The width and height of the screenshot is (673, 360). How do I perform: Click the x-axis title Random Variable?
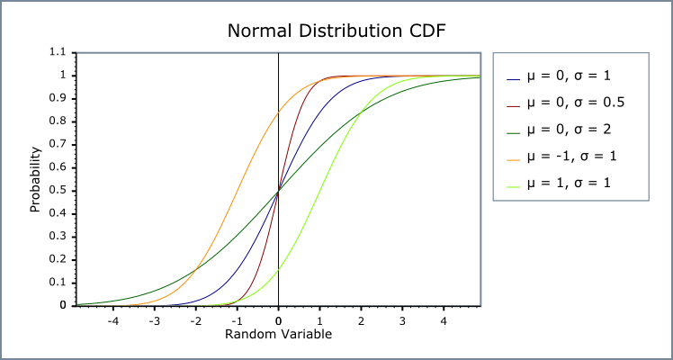[x=278, y=334]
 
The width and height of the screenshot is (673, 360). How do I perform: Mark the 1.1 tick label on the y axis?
[x=58, y=53]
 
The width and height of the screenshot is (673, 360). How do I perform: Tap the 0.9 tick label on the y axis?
[x=58, y=99]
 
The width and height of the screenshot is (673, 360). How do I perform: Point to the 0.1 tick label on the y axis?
[x=58, y=283]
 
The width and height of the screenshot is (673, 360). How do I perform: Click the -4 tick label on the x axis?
[x=112, y=319]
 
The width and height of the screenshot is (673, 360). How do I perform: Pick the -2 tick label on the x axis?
[x=195, y=319]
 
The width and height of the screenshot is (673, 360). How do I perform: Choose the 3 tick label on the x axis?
[x=401, y=319]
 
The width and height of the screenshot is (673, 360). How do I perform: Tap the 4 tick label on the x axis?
[x=443, y=319]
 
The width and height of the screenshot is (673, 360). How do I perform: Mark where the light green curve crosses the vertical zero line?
[x=278, y=269]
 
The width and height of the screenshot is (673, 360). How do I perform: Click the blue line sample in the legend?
[x=514, y=76]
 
